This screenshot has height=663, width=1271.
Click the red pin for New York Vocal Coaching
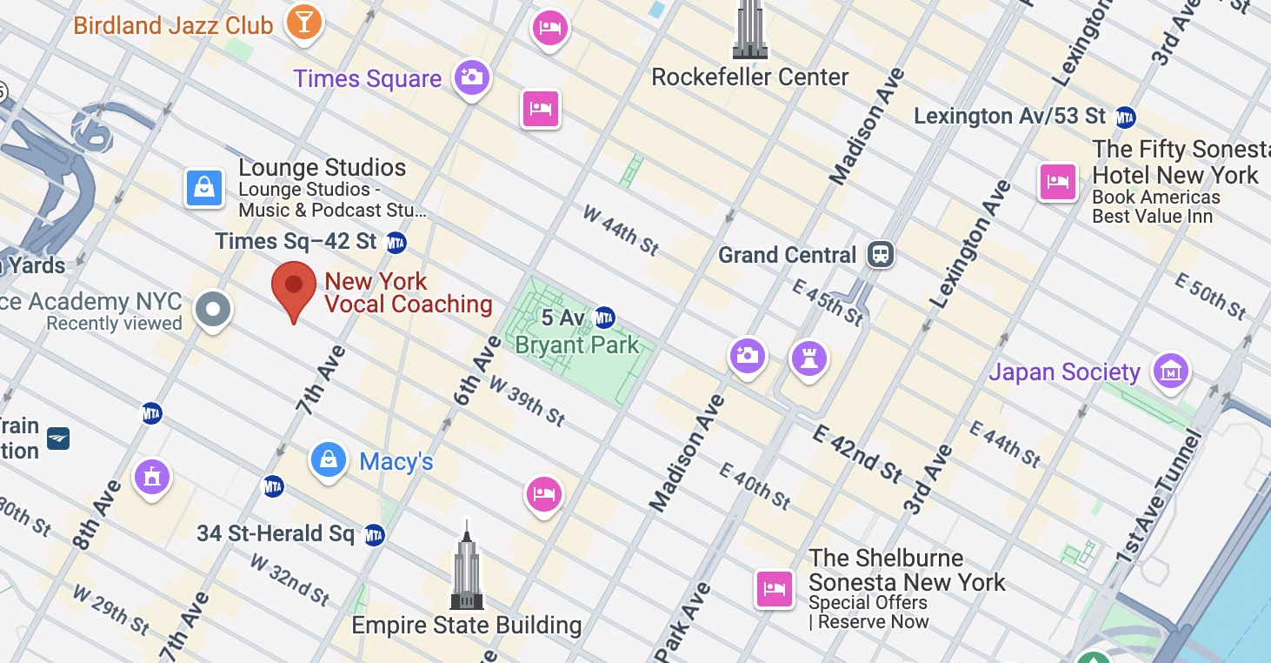pos(294,286)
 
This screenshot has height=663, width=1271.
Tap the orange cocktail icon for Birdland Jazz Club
pos(303,21)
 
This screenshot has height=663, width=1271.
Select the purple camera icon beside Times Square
pos(472,77)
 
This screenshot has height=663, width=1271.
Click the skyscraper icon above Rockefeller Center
pos(749,30)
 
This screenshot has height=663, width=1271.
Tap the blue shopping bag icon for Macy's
pos(329,459)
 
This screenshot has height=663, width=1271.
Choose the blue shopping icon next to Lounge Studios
pos(204,188)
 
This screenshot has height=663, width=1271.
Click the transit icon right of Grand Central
pos(881,255)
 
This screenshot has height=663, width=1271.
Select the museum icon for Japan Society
pos(1170,372)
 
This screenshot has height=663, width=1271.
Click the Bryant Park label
pos(576,345)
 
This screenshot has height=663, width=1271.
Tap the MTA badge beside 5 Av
pos(605,318)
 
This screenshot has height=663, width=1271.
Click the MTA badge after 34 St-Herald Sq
pos(374,534)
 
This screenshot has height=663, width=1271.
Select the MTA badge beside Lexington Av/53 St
pos(1126,116)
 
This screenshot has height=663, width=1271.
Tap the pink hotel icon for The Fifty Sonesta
pos(1057,182)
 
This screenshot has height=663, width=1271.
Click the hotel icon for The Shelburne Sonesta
pos(773,589)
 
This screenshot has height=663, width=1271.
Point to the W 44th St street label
pos(621,231)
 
